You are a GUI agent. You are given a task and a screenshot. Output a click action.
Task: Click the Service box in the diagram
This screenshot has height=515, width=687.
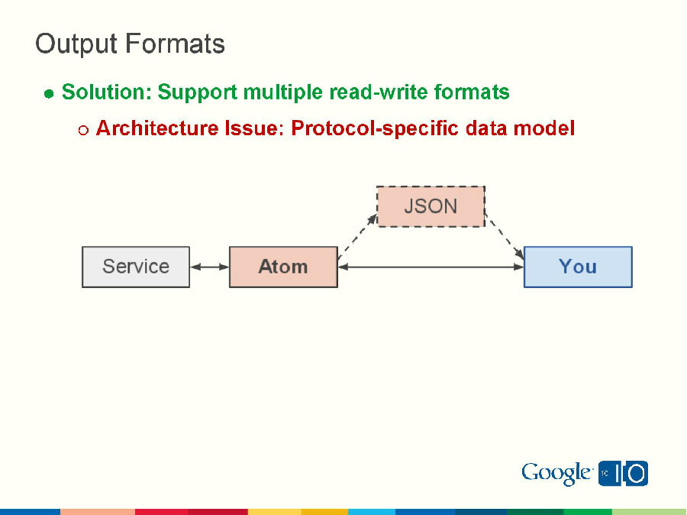(136, 267)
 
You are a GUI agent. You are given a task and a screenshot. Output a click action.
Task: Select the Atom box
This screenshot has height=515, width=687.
(283, 267)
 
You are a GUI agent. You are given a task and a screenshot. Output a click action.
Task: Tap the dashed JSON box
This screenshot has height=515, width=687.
(431, 206)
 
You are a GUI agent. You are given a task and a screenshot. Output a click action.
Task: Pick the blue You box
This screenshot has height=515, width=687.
(578, 267)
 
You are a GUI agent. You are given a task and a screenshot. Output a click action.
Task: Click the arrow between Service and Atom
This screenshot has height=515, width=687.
(209, 267)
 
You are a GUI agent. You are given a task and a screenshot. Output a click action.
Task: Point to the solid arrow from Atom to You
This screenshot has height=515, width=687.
(431, 267)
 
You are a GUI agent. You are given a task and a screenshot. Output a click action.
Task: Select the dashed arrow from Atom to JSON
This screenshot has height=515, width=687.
(357, 237)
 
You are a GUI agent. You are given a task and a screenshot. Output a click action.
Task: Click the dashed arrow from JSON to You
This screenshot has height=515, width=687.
(505, 237)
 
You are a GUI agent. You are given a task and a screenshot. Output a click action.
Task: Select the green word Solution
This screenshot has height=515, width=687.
(105, 93)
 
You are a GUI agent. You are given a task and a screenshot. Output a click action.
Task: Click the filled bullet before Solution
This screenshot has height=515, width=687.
(49, 94)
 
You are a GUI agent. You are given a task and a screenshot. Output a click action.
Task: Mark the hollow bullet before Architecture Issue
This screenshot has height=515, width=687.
(83, 130)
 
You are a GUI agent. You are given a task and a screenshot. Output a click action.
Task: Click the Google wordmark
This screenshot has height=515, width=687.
(556, 474)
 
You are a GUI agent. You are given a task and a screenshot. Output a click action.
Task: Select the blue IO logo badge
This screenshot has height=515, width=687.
(623, 474)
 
